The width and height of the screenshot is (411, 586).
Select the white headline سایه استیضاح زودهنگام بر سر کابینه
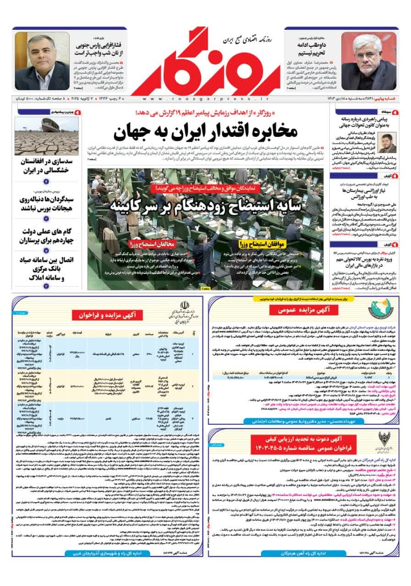click(x=205, y=206)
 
